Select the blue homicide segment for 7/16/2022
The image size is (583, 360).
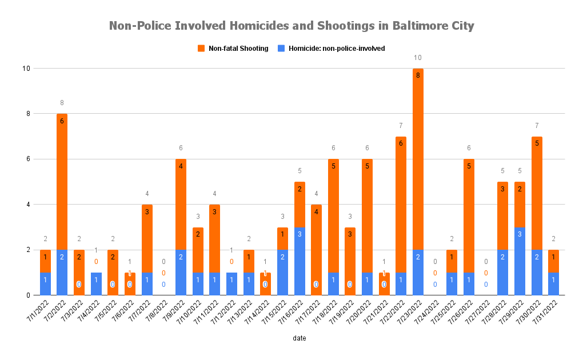[x=300, y=261]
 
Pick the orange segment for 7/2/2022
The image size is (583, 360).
[x=62, y=182]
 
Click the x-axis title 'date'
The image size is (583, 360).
[x=299, y=338]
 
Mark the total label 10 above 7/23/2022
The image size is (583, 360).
[x=418, y=58]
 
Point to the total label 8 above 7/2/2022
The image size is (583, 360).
[x=62, y=103]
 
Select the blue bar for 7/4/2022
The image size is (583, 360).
[x=96, y=284]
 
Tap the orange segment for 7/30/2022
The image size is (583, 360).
[x=537, y=193]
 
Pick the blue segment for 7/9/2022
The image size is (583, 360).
[x=181, y=273]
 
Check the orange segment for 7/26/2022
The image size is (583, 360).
[x=469, y=216]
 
